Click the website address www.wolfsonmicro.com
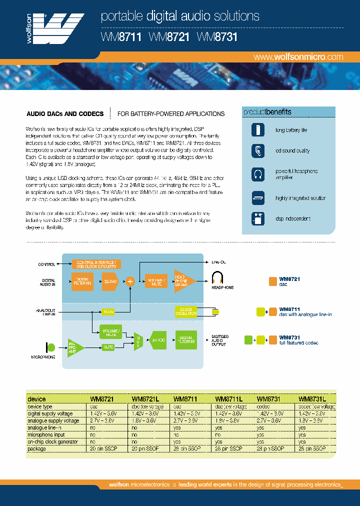[298, 57]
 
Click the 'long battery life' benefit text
[291, 130]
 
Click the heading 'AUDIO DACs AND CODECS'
[65, 114]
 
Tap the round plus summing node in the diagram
[130, 281]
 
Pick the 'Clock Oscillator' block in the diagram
[186, 311]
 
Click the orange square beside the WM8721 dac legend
[273, 281]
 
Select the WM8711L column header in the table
[228, 399]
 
